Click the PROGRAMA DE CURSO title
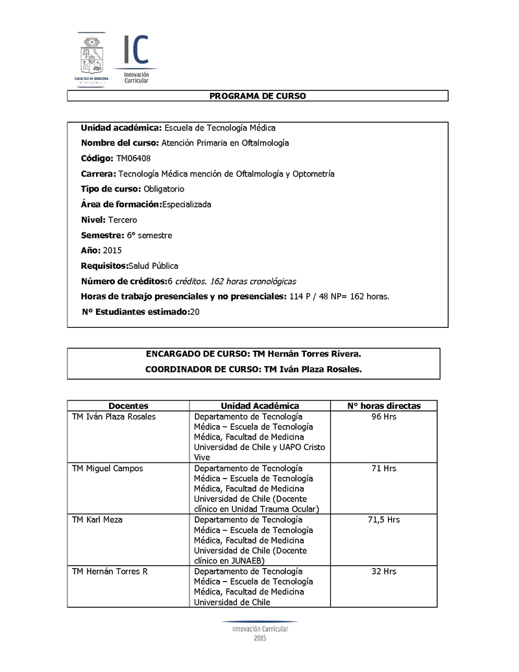(x=258, y=96)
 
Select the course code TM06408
(x=134, y=158)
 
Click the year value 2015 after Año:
(x=112, y=251)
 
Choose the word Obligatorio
(x=163, y=189)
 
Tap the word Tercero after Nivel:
(x=123, y=220)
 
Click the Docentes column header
(x=128, y=406)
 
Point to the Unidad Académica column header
(x=259, y=406)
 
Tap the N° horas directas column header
(x=383, y=406)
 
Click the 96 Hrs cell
(x=383, y=417)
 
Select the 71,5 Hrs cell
(x=383, y=520)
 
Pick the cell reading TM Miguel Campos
(x=108, y=468)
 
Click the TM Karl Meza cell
(x=97, y=520)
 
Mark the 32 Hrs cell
(x=383, y=572)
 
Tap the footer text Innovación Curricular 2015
(x=259, y=633)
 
